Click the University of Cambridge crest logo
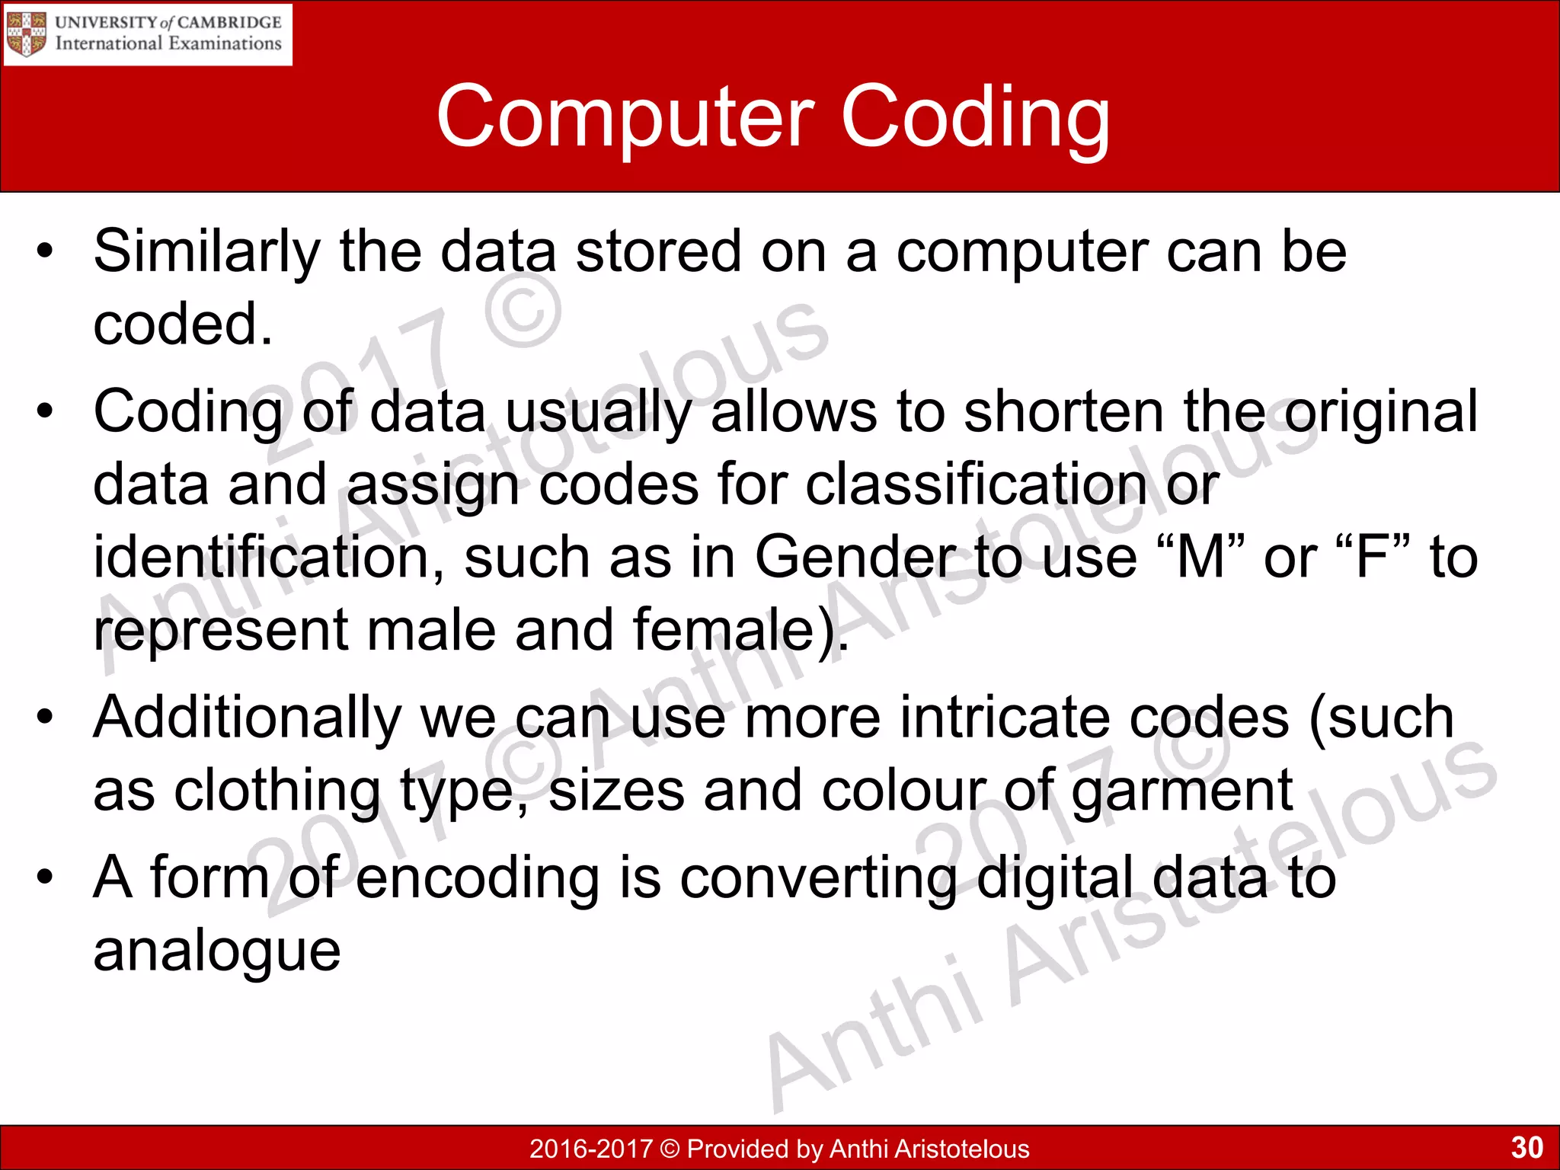coord(26,34)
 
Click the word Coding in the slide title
coord(974,118)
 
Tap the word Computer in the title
coord(625,118)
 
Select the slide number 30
coord(1526,1147)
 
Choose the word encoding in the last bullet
coord(478,877)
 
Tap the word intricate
coord(1005,718)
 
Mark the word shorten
coord(1063,412)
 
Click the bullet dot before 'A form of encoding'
coord(46,877)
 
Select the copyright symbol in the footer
coord(670,1149)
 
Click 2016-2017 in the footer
coord(591,1149)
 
